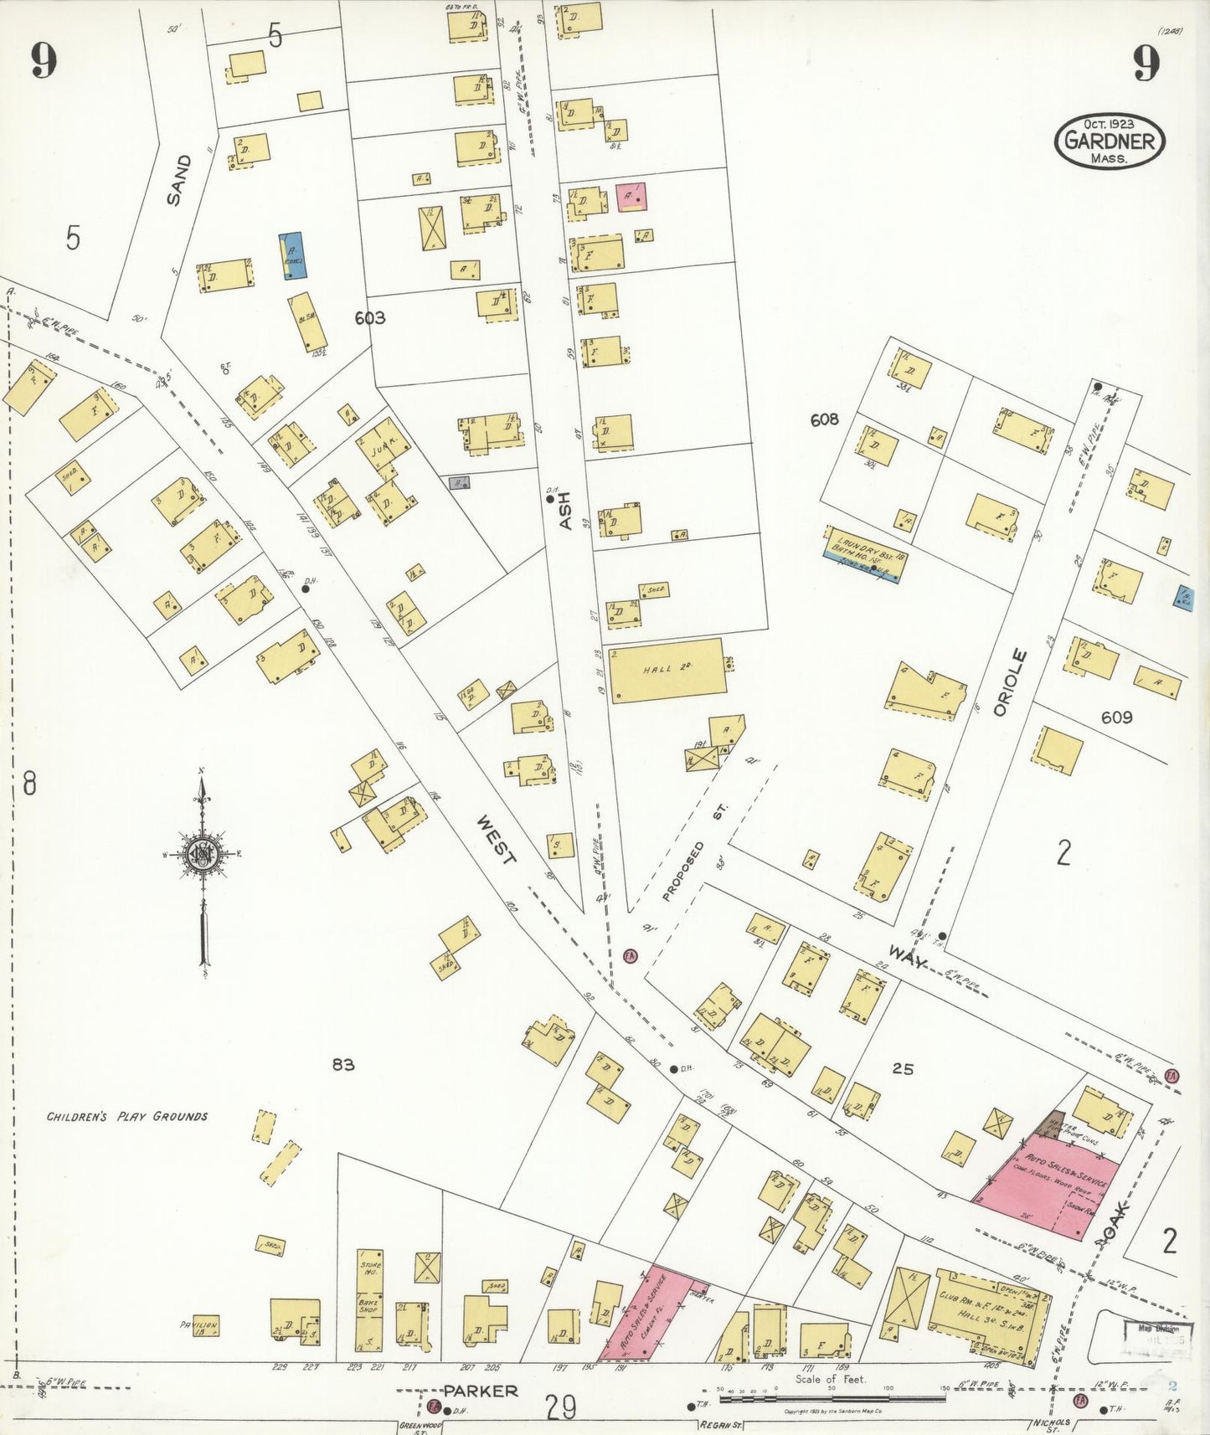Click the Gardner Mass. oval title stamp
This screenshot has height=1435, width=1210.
(x=1110, y=140)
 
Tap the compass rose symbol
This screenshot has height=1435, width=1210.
(x=202, y=854)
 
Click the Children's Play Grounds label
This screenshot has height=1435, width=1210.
(x=126, y=1116)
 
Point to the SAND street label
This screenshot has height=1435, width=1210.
(x=178, y=180)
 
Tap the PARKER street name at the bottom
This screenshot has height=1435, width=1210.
(x=481, y=1391)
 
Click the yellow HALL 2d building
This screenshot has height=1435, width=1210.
(x=667, y=670)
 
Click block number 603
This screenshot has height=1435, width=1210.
(x=369, y=318)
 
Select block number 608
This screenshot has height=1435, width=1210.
(x=824, y=419)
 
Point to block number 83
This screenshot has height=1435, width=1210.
(x=343, y=1065)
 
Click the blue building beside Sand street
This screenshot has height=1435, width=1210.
(x=292, y=255)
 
